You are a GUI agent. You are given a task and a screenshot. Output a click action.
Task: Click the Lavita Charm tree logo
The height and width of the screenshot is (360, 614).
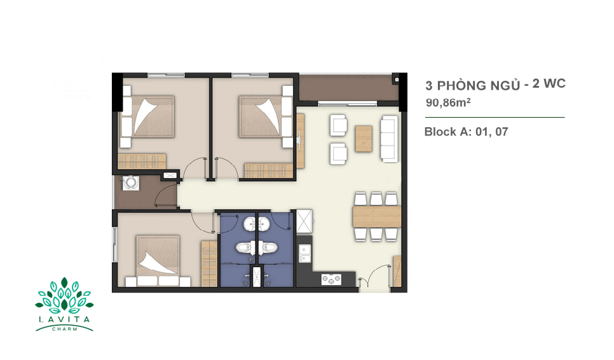(x=64, y=304)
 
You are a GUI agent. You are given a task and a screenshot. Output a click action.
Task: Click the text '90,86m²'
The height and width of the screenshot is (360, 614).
(x=448, y=102)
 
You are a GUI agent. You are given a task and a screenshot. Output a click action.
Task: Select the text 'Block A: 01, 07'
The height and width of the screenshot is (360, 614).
(x=466, y=132)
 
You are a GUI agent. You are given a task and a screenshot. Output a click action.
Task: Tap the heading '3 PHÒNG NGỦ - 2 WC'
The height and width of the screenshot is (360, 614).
(x=495, y=85)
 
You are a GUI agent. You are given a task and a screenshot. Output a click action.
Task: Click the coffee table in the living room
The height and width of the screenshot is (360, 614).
(x=364, y=139)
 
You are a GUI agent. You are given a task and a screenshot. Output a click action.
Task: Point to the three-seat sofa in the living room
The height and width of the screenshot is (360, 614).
(x=389, y=139)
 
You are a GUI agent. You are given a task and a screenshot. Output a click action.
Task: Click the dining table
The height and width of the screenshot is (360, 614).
(x=377, y=217)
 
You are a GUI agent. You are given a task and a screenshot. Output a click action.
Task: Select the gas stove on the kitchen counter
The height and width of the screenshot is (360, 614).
(x=331, y=280)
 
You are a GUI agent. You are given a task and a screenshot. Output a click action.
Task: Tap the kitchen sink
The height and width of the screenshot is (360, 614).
(x=304, y=253)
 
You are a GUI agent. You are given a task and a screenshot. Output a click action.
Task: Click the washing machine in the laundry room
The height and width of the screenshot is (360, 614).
(x=130, y=183)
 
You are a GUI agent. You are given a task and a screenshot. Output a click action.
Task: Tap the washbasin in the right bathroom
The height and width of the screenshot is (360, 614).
(x=264, y=225)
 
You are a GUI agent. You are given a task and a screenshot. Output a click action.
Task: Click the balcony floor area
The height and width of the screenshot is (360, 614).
(x=348, y=88)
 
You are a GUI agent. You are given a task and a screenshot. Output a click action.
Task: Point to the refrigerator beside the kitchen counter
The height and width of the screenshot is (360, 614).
(x=304, y=221)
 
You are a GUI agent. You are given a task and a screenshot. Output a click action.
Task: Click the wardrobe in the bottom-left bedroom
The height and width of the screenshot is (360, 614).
(x=209, y=263)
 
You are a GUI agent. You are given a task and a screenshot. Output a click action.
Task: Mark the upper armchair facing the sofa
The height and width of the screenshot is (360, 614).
(x=338, y=125)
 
